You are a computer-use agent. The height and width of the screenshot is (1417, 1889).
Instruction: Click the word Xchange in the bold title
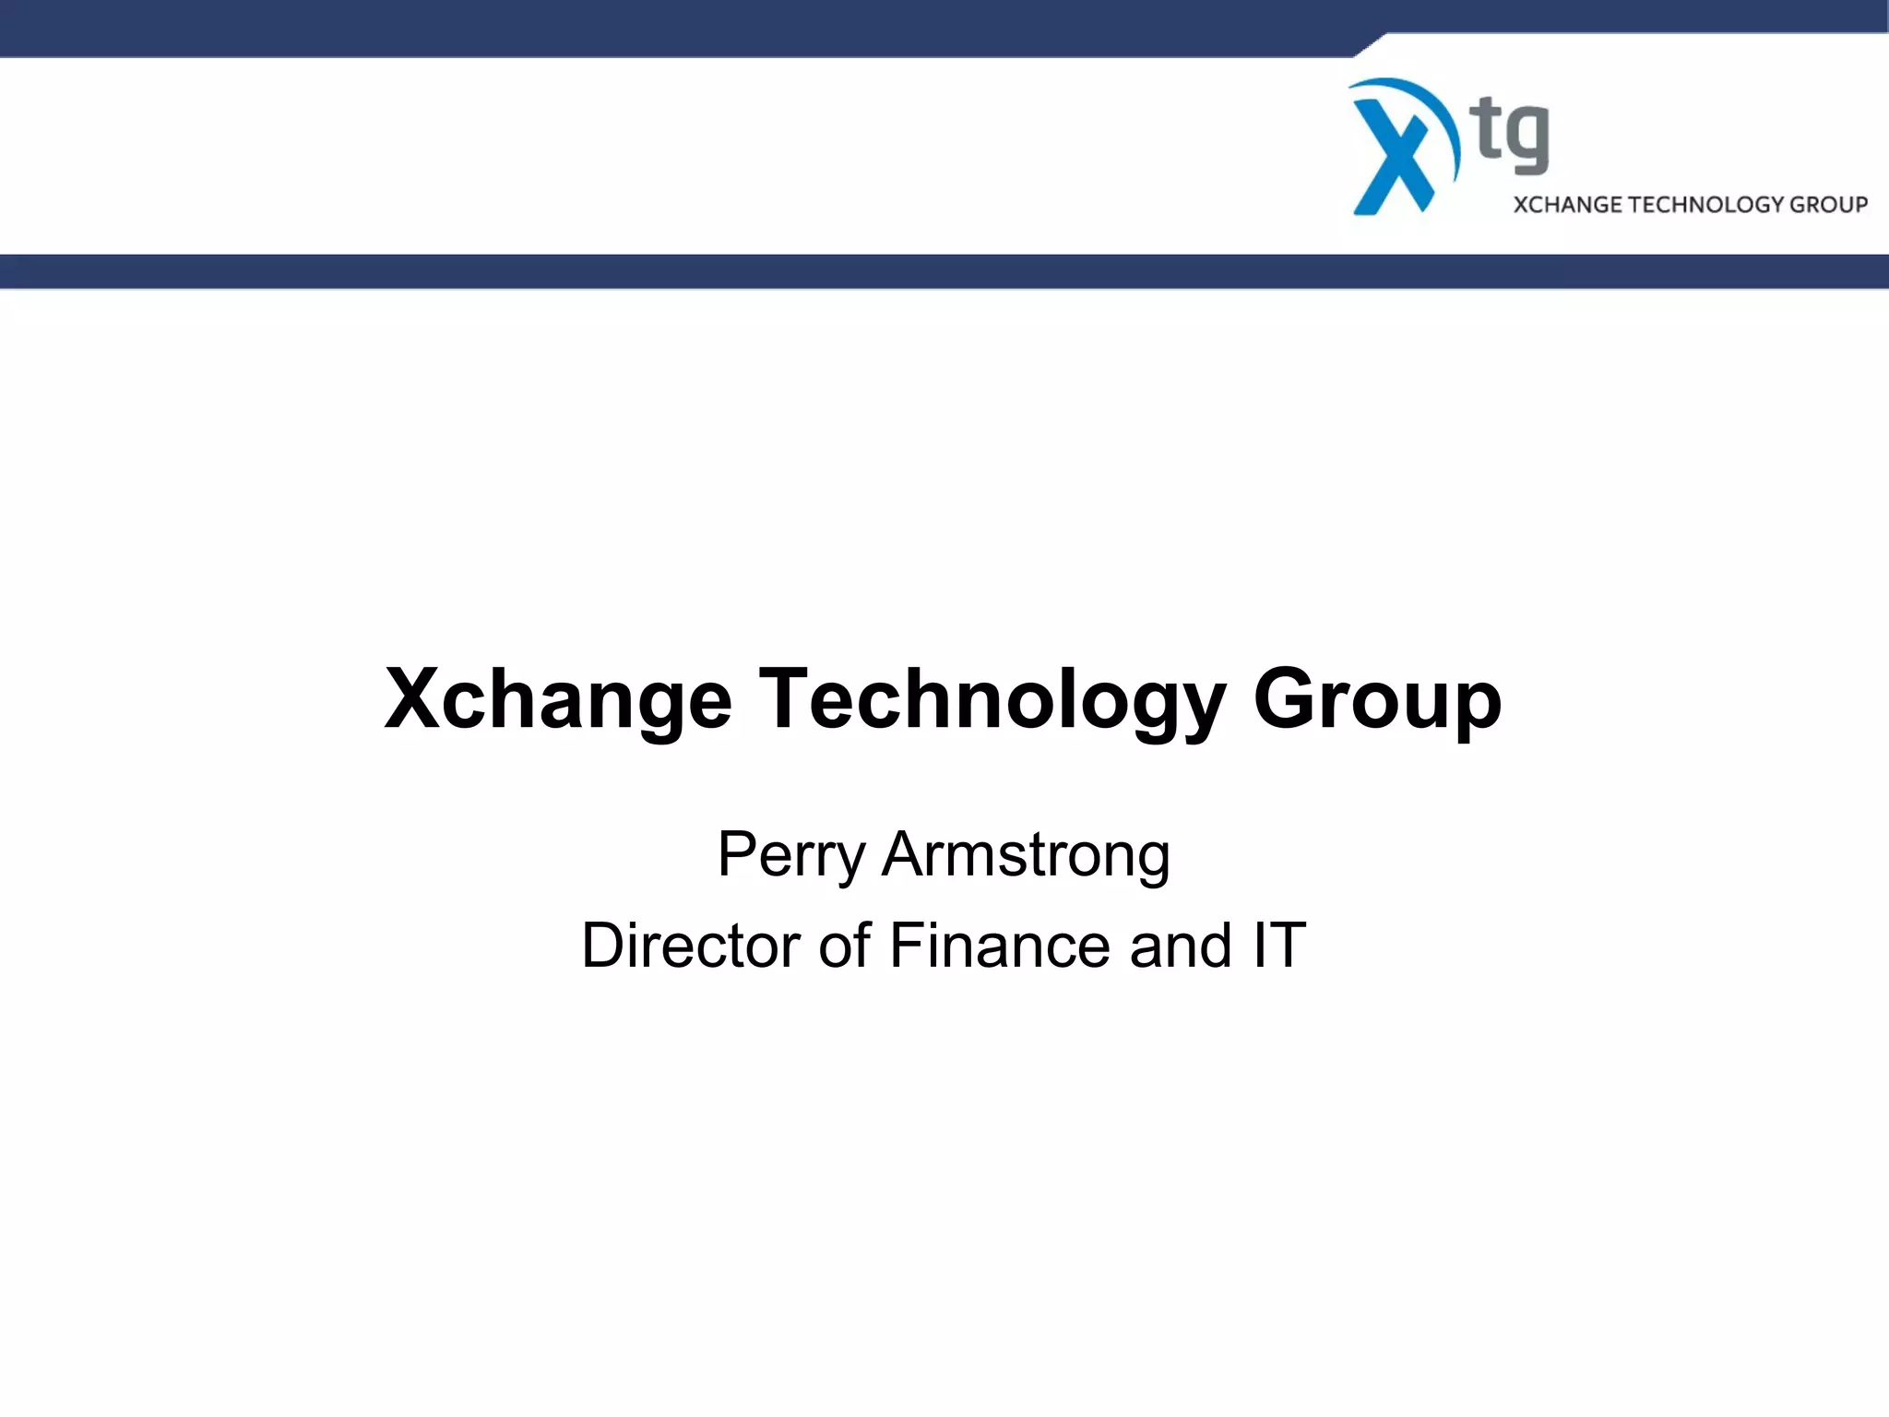[x=558, y=699]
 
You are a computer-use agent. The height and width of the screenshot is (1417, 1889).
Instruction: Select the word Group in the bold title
[x=1377, y=699]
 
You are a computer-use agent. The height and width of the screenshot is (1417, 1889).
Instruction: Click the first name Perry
[x=790, y=855]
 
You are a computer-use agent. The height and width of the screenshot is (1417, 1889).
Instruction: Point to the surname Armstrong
[x=1026, y=855]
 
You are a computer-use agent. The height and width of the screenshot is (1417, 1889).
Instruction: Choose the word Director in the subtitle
[x=691, y=946]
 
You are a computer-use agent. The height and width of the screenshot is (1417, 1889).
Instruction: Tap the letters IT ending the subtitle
[x=1279, y=946]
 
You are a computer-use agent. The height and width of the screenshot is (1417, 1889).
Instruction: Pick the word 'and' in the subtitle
[x=1181, y=946]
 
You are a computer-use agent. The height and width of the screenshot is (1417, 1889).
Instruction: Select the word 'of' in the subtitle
[x=844, y=946]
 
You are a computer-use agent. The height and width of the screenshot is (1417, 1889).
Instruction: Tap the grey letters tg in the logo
[x=1513, y=137]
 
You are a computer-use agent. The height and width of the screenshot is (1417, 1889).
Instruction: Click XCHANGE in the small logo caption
[x=1568, y=204]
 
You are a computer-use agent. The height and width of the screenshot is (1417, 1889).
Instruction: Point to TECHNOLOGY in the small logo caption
[x=1706, y=204]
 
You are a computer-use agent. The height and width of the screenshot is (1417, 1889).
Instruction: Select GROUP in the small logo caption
[x=1829, y=204]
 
